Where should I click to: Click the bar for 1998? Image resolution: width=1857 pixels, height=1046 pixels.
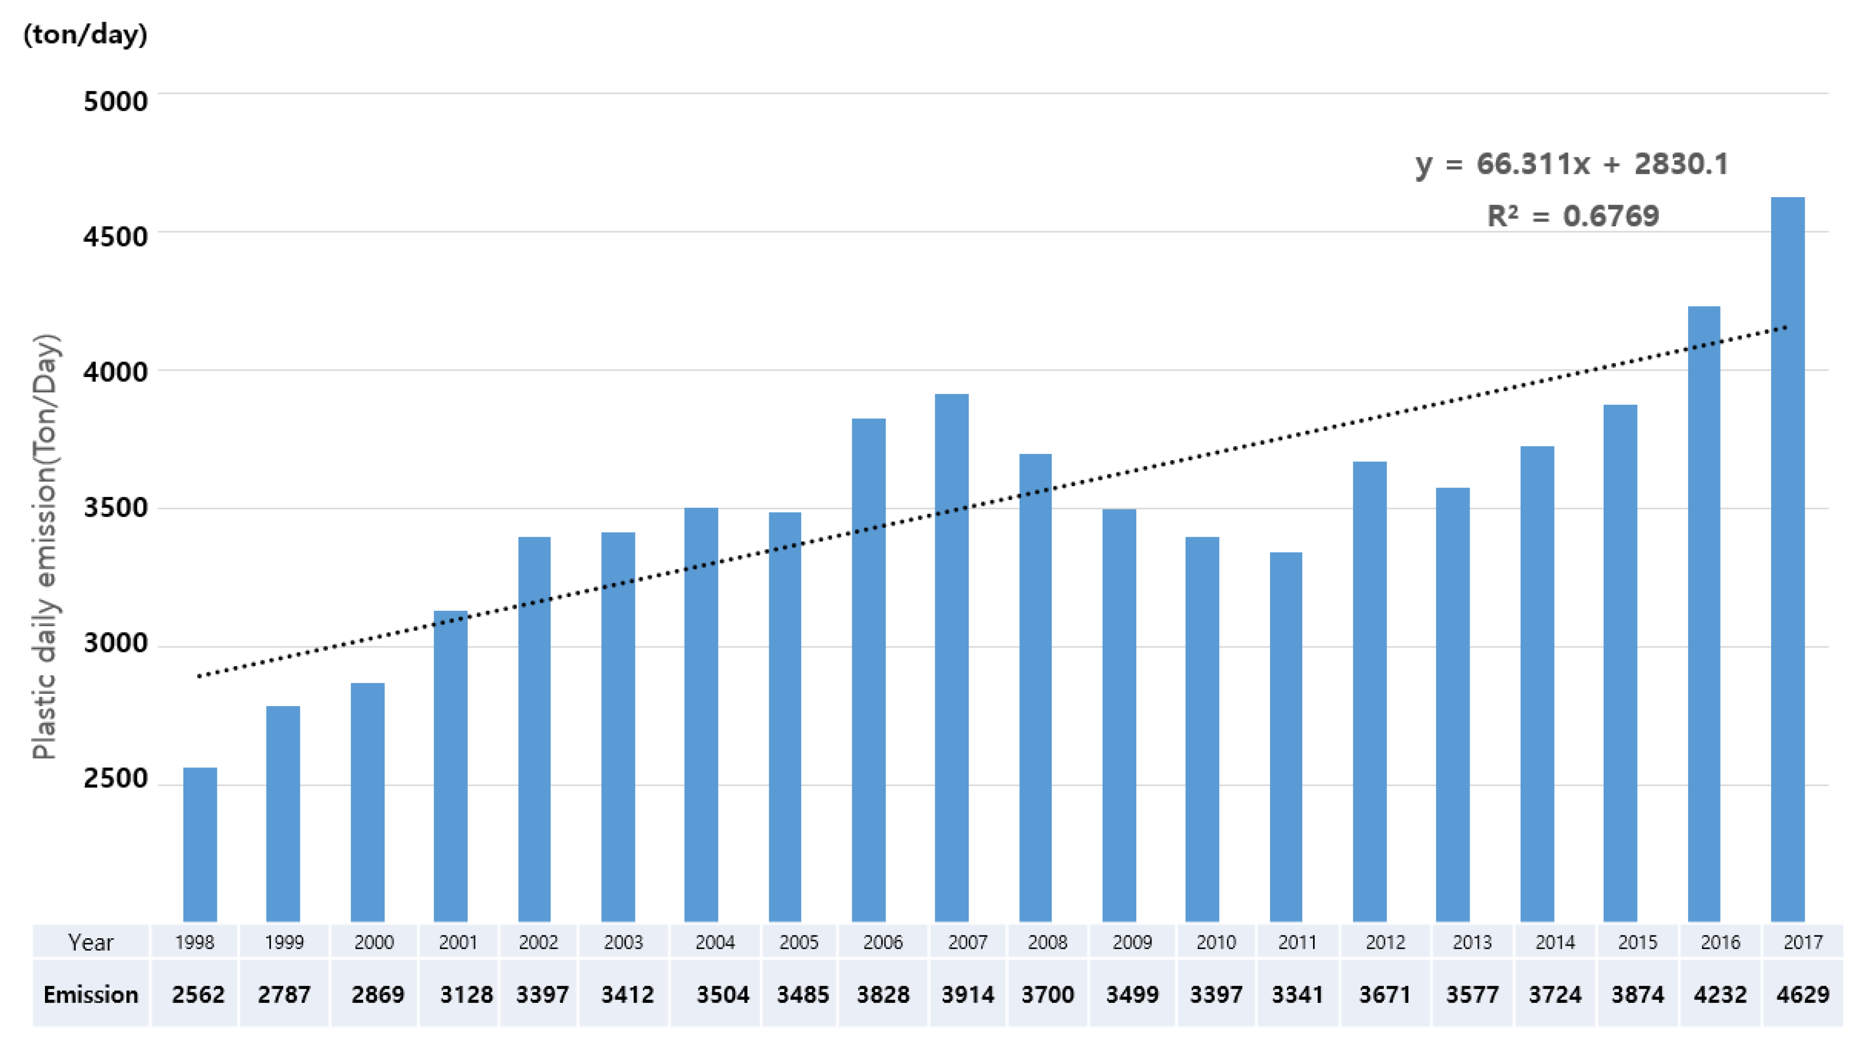pyautogui.click(x=200, y=844)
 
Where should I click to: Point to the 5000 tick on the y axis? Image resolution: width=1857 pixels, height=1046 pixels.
pyautogui.click(x=115, y=101)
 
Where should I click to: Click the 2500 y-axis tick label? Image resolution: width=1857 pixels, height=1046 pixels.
pyautogui.click(x=115, y=779)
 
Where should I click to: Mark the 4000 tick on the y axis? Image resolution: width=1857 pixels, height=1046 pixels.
pyautogui.click(x=115, y=372)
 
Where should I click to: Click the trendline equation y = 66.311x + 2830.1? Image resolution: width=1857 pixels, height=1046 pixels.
pyautogui.click(x=1571, y=165)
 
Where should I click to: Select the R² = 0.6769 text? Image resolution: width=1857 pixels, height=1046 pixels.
pyautogui.click(x=1573, y=215)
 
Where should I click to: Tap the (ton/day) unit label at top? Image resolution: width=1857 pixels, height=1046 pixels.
pyautogui.click(x=85, y=34)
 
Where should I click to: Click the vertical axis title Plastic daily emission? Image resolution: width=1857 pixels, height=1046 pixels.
pyautogui.click(x=44, y=546)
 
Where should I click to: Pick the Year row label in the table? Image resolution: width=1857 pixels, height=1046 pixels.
pyautogui.click(x=91, y=942)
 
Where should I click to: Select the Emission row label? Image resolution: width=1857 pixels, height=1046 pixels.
pyautogui.click(x=91, y=995)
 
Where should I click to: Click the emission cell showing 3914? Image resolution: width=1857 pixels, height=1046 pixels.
pyautogui.click(x=967, y=995)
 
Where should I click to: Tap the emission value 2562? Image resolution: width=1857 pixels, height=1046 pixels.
pyautogui.click(x=198, y=995)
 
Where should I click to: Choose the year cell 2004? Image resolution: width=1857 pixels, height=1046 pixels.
pyautogui.click(x=715, y=942)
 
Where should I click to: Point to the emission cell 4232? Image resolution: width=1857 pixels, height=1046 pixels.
pyautogui.click(x=1720, y=995)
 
